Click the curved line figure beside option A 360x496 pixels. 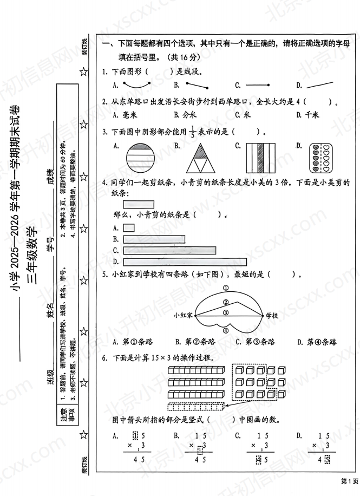(139, 85)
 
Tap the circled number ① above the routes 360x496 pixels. (225, 288)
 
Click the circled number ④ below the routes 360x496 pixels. (226, 332)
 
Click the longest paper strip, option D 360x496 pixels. (181, 262)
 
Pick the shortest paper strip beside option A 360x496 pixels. (129, 228)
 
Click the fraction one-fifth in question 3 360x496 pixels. (191, 131)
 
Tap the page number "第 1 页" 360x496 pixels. (349, 481)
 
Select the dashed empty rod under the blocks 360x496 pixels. (196, 407)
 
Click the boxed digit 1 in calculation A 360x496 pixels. (136, 435)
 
